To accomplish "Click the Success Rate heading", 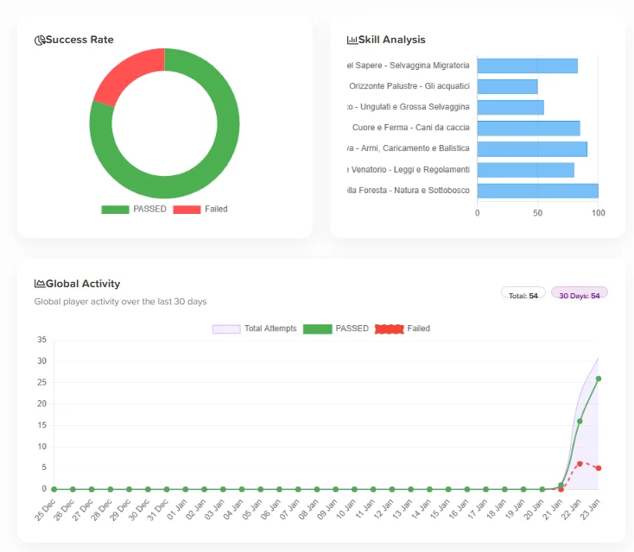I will click(79, 40).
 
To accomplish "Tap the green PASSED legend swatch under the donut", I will click(114, 210).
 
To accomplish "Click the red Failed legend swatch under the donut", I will click(187, 210).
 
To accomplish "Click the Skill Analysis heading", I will click(391, 40).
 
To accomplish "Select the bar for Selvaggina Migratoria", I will click(527, 66).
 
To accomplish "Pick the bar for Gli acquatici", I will click(507, 86).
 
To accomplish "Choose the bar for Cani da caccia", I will click(528, 128).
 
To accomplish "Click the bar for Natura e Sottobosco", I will click(537, 191).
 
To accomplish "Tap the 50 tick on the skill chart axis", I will click(537, 213).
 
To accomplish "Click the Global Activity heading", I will click(83, 284).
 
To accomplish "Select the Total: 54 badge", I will click(523, 296).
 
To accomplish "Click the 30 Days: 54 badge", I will click(579, 296).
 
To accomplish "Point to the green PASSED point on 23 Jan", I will click(599, 379).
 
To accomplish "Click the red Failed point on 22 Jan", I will click(580, 463).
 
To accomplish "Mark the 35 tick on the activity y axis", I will click(41, 340).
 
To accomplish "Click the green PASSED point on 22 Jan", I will click(580, 421).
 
